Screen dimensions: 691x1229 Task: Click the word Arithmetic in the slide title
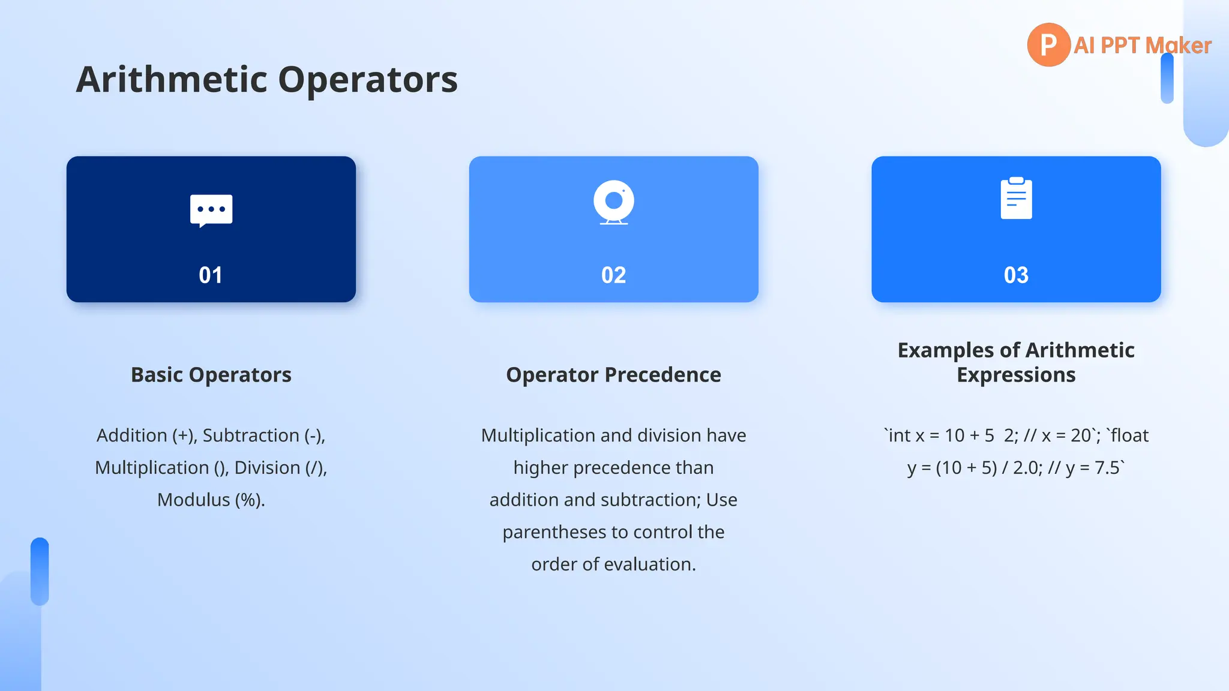click(172, 79)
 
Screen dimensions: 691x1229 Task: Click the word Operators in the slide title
click(368, 79)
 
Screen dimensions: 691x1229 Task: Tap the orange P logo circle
click(1048, 45)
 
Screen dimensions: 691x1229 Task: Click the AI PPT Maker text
click(1142, 46)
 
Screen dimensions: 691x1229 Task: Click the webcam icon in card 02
click(613, 202)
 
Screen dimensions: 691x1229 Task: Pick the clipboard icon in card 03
click(1016, 199)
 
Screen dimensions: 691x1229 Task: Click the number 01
click(211, 275)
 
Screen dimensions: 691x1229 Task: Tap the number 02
click(613, 275)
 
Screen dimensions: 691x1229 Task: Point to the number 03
click(1016, 275)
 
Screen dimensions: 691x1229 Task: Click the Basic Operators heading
click(211, 375)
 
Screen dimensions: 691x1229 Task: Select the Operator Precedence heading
click(613, 375)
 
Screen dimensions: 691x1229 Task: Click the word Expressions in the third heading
click(1016, 375)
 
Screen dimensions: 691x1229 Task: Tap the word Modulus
click(193, 500)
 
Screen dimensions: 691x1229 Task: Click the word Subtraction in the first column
click(251, 435)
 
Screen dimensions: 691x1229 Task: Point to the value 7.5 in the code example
click(1107, 468)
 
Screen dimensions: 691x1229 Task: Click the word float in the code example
click(1129, 435)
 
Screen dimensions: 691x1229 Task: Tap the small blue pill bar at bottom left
click(40, 571)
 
